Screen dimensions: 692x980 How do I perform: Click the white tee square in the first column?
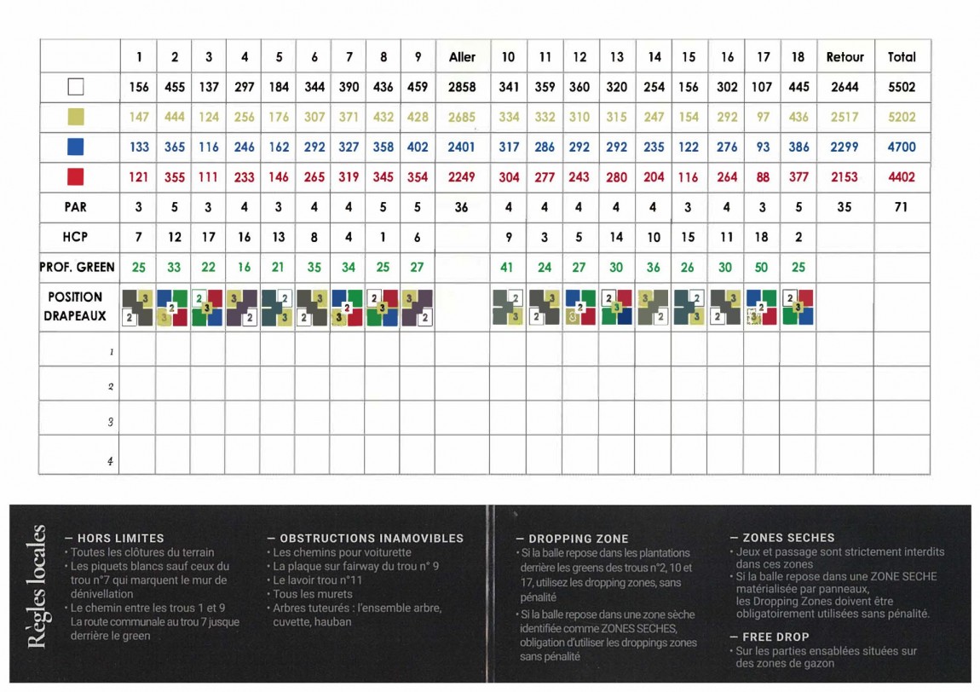tap(77, 87)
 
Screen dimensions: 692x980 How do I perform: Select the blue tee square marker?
tap(77, 147)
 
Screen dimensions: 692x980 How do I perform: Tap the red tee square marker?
tap(77, 177)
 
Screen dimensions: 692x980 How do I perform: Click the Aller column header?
tap(462, 57)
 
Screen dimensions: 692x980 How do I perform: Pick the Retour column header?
tap(845, 57)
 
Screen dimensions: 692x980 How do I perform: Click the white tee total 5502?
tap(902, 87)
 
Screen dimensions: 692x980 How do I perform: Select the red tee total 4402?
tap(902, 177)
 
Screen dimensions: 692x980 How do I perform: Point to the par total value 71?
tap(902, 207)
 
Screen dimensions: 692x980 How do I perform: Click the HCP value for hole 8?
tap(383, 238)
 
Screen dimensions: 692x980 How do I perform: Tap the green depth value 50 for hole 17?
tap(761, 268)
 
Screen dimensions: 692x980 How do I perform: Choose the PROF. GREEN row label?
tap(77, 268)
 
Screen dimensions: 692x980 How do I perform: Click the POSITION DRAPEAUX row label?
tap(76, 306)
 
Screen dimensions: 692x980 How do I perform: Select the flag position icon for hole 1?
tap(139, 308)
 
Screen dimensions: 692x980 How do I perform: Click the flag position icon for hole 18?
tap(798, 308)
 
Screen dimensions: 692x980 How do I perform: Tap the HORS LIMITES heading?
tap(120, 539)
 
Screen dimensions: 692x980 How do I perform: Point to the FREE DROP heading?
tap(775, 637)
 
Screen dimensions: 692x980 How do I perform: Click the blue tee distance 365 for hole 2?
tap(175, 147)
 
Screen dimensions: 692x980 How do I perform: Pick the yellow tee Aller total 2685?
tap(462, 117)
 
